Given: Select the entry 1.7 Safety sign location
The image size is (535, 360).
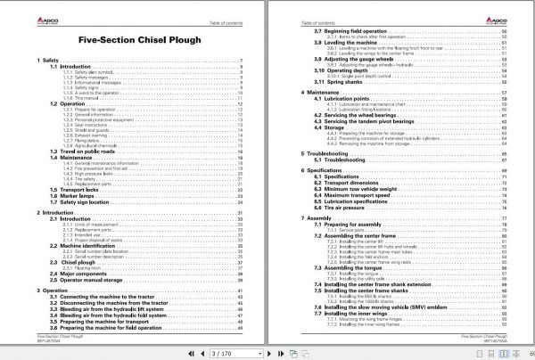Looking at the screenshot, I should click(x=83, y=201).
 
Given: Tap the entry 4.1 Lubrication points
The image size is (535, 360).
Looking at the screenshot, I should click(x=344, y=98).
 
